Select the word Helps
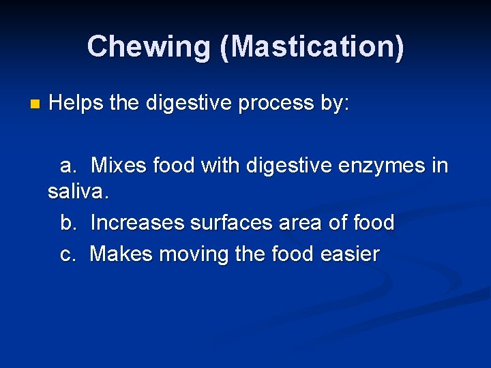(x=76, y=104)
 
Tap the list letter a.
(x=68, y=166)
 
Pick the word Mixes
(x=119, y=166)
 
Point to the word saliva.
(x=78, y=192)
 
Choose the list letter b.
(x=68, y=223)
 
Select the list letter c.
(x=68, y=255)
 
